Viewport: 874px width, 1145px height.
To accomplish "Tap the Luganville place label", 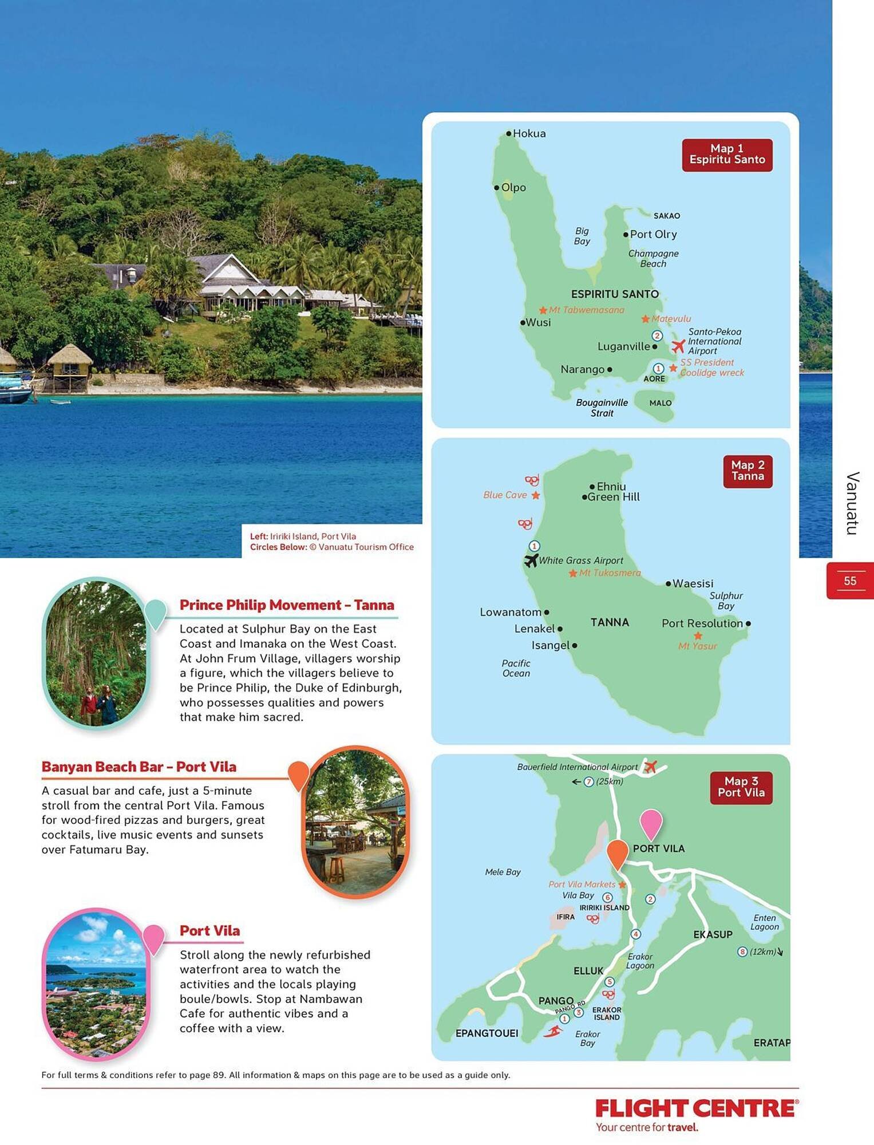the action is pos(623,346).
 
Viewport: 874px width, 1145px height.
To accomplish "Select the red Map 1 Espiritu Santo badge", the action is pos(727,155).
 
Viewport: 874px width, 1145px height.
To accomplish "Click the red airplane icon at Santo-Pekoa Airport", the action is pos(678,346).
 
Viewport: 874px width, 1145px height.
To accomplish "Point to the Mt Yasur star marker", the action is pos(698,636).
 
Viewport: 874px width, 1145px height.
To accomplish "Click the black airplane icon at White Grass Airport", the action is pos(531,560).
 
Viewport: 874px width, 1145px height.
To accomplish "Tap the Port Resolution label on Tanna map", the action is pos(702,623).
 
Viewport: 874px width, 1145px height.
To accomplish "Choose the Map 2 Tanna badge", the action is pos(748,471).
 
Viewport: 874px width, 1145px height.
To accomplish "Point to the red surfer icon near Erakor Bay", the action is pos(552,1032).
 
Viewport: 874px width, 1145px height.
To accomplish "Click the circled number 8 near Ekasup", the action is pos(742,952).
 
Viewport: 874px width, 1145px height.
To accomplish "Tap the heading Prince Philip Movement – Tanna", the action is pos(287,605).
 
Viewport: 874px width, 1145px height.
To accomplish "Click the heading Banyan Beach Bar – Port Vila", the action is pos(139,767).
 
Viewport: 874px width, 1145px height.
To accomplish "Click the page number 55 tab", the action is pos(850,581).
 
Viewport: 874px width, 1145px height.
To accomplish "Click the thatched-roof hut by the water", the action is pos(70,366).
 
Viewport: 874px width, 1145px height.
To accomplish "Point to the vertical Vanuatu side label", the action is pos(852,503).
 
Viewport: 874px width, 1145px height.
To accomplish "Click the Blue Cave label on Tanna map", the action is pos(505,495).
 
